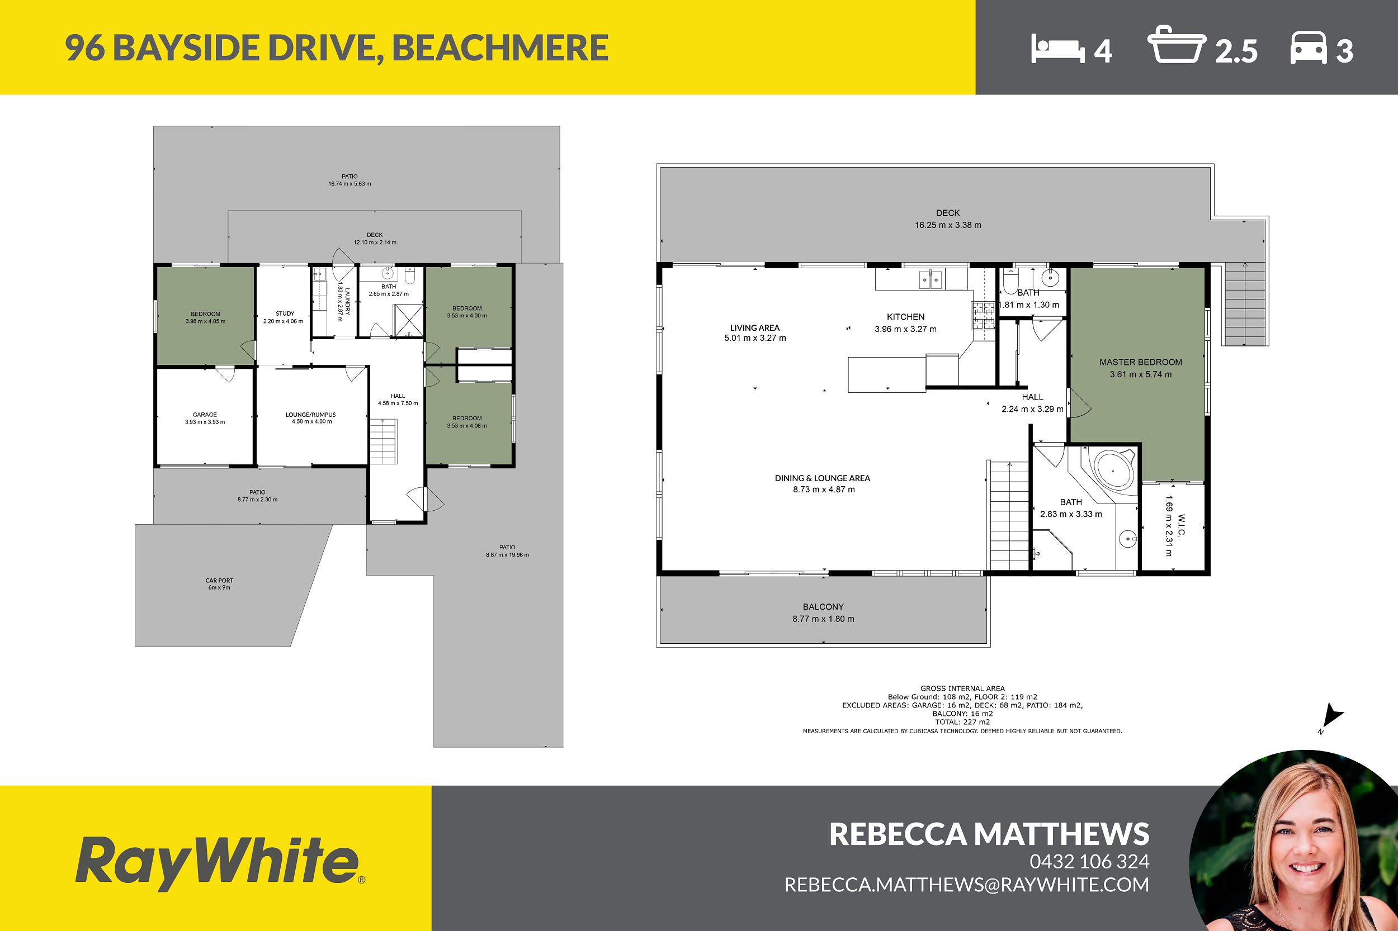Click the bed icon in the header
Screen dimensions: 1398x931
pos(1058,48)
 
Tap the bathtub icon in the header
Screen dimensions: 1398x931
pos(1177,44)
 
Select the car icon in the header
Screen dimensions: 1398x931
pos(1309,47)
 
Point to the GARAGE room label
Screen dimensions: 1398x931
pos(205,415)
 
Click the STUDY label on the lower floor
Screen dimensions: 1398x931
pos(285,313)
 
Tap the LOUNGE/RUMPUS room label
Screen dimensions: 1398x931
pos(311,415)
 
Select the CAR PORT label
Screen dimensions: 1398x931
pos(219,581)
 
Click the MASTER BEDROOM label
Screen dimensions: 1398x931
pos(1141,362)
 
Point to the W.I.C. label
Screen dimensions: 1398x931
pos(1182,525)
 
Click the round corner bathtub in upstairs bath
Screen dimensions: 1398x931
pos(1114,469)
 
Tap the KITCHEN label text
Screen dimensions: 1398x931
pos(905,317)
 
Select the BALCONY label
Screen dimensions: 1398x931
pos(824,607)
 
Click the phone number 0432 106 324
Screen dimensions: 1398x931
pos(1090,862)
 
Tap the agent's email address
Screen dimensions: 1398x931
pos(967,885)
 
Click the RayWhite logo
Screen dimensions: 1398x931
pos(220,864)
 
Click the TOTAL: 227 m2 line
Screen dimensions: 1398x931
pos(962,722)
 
